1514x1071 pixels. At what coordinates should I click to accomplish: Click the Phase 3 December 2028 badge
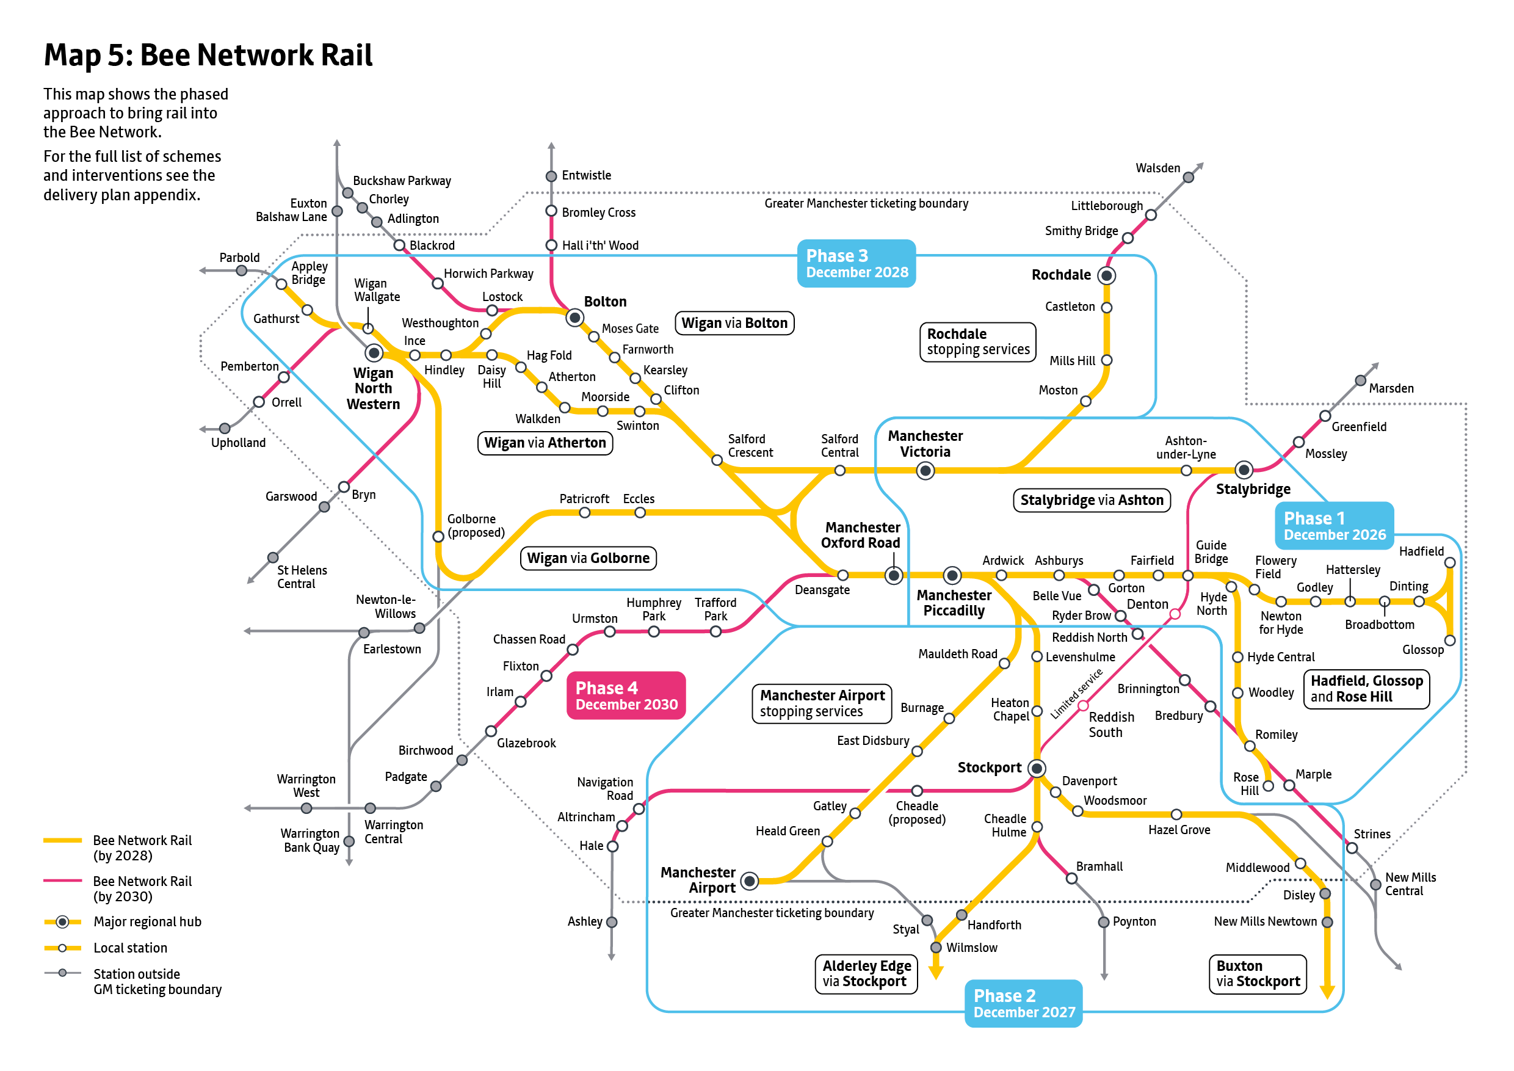(x=856, y=264)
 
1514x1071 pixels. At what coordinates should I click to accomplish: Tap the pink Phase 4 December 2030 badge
(x=626, y=695)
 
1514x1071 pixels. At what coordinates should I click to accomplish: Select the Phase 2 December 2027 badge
(x=1023, y=1003)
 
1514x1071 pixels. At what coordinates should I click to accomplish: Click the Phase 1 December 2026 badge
(x=1334, y=526)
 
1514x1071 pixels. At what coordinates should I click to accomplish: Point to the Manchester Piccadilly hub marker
(x=952, y=576)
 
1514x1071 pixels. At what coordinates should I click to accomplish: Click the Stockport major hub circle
(x=1037, y=768)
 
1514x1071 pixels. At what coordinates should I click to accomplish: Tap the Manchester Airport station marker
(x=749, y=880)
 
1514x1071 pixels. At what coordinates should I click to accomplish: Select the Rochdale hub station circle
(x=1106, y=275)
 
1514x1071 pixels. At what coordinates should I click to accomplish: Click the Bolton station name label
(x=604, y=302)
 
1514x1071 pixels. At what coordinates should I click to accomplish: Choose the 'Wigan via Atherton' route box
(x=545, y=443)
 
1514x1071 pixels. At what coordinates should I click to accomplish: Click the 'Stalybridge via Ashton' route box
(x=1092, y=500)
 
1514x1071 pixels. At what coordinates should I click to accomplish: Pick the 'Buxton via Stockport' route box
(x=1258, y=973)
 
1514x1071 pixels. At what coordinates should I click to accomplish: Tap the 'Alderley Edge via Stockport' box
(x=866, y=973)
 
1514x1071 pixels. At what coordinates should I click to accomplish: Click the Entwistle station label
(x=585, y=175)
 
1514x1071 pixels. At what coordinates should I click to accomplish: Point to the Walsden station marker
(x=1188, y=178)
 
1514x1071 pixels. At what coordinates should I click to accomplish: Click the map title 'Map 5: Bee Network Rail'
(x=208, y=55)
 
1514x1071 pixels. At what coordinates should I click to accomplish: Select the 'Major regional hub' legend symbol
(x=62, y=921)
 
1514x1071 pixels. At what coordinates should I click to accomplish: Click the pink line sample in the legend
(x=62, y=880)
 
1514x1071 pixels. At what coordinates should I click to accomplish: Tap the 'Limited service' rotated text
(x=1076, y=694)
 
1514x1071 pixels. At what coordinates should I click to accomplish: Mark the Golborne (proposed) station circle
(x=438, y=536)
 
